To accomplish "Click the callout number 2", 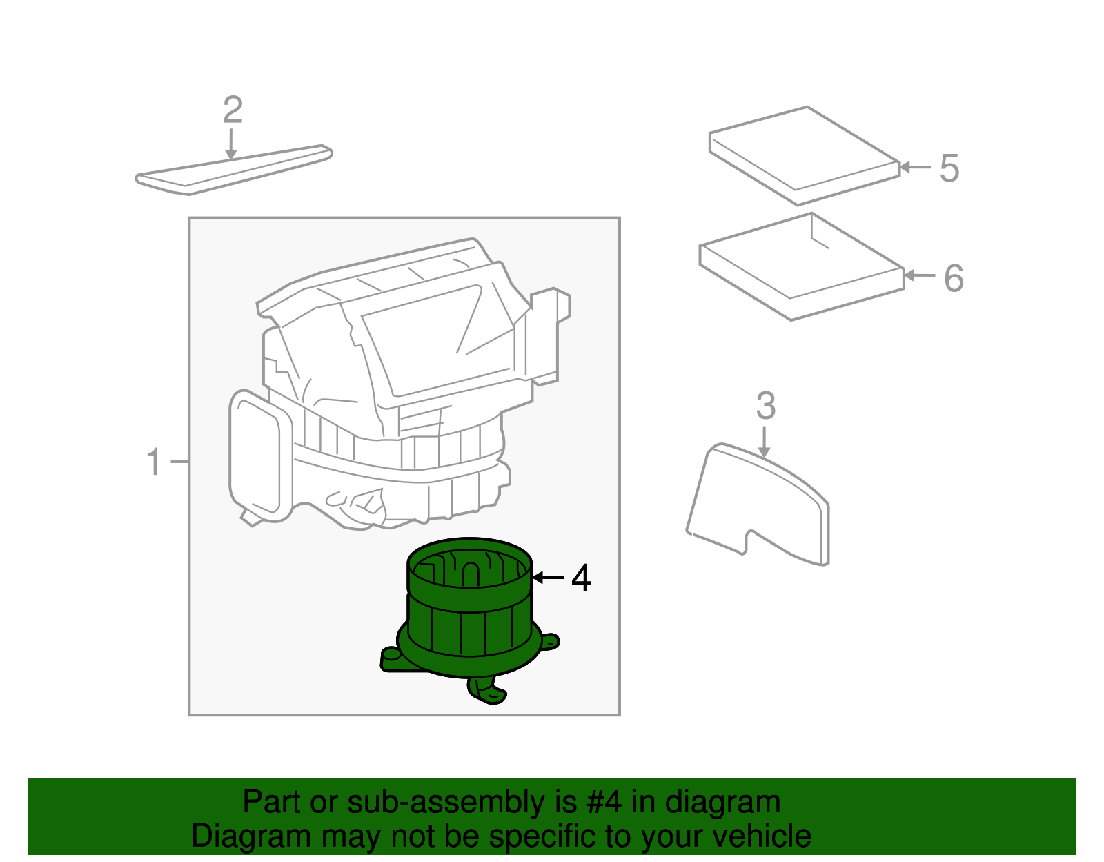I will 233,110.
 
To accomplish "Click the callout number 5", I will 949,168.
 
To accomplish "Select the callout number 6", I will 954,278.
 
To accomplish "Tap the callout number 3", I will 766,406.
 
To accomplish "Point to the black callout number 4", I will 582,578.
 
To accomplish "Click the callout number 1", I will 154,462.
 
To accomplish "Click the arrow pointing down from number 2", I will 231,146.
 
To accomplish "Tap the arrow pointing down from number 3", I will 764,442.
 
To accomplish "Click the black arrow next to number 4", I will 549,577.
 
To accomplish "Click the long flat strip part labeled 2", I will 235,170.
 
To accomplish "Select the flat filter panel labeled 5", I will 804,155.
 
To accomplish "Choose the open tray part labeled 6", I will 800,269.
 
